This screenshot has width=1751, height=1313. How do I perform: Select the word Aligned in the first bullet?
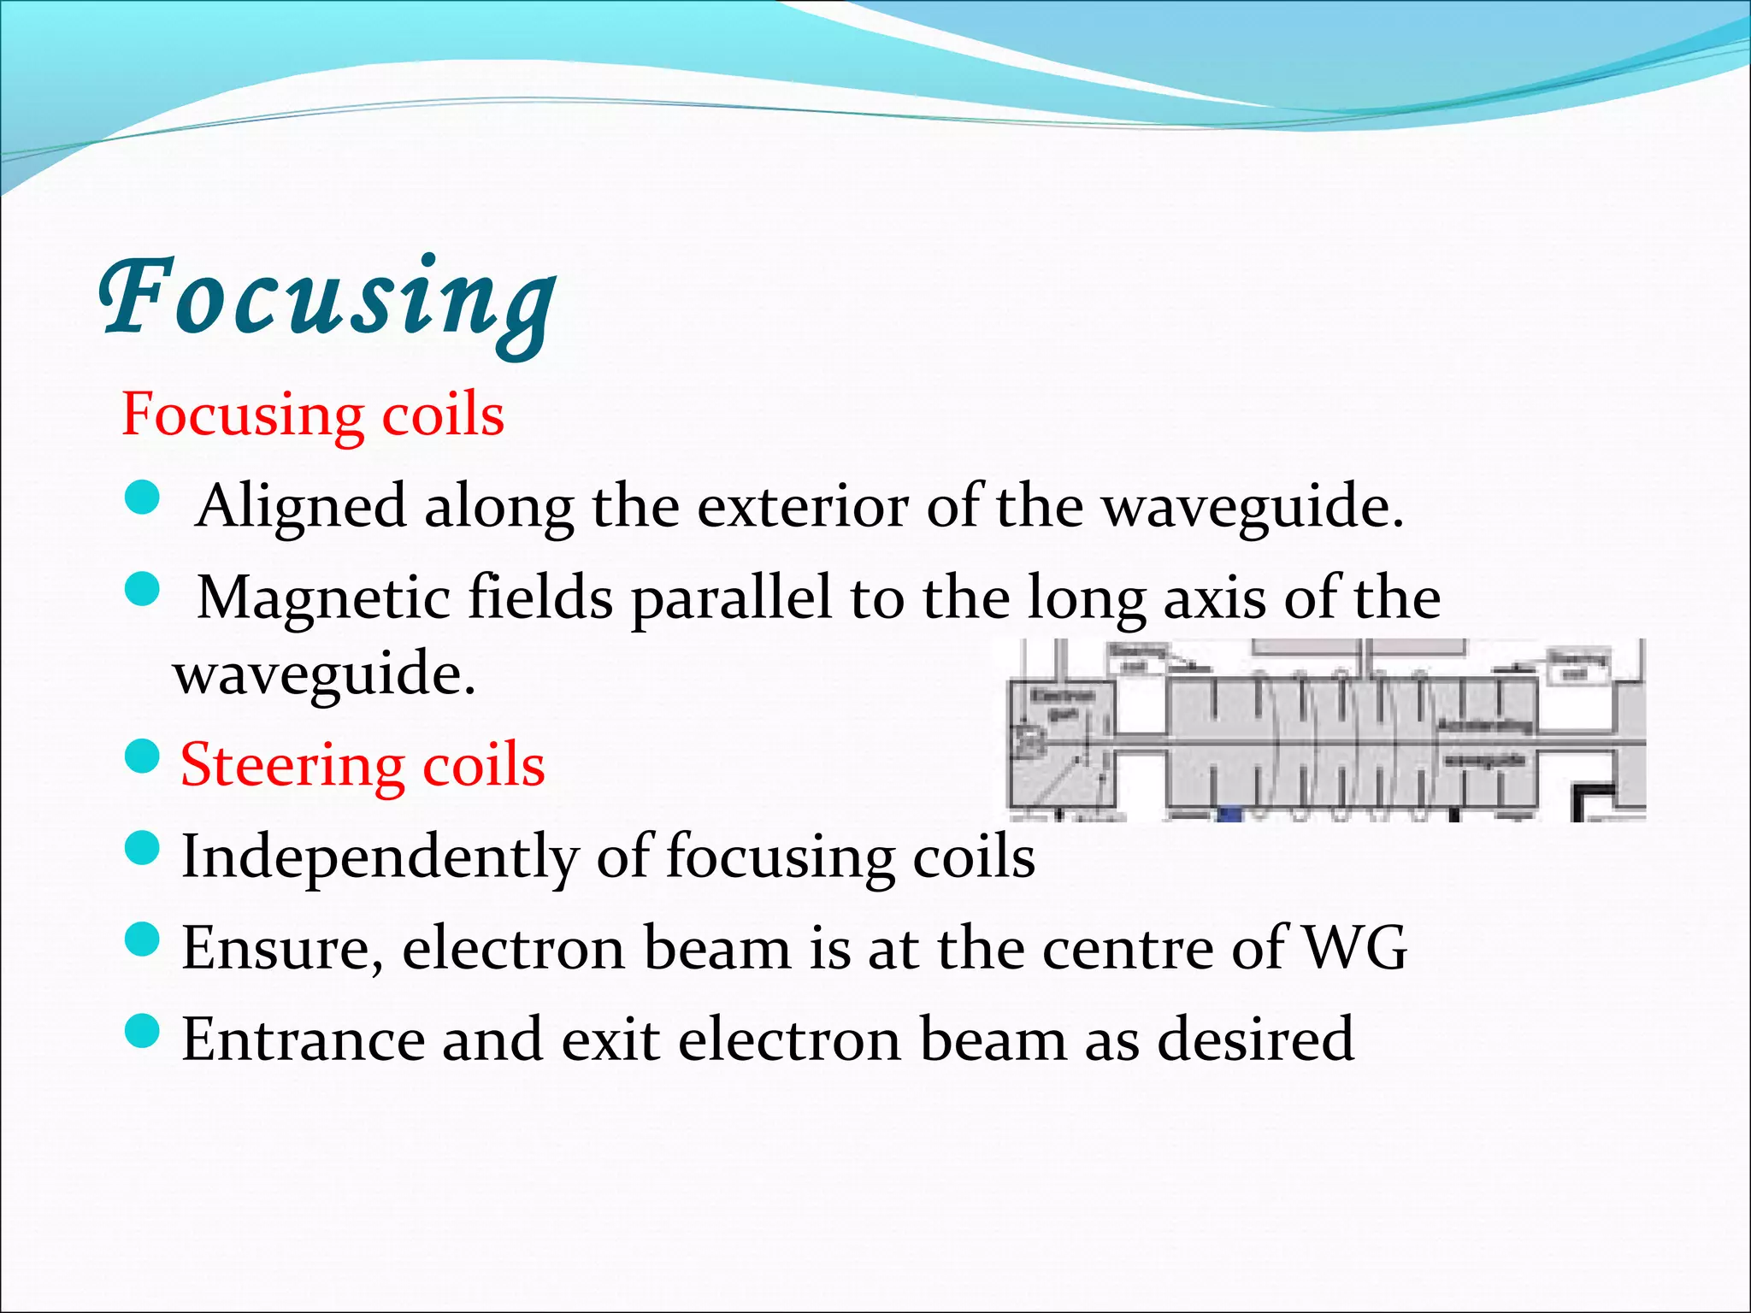coord(301,507)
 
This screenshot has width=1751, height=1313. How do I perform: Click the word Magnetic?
coord(323,598)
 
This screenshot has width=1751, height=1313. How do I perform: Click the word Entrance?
coord(304,1040)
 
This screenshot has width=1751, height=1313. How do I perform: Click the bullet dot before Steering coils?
coord(142,757)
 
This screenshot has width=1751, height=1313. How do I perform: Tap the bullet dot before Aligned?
coord(142,498)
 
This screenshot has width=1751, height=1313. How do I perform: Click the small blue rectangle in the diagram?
coord(1229,814)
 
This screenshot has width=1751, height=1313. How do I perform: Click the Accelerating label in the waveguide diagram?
coord(1483,726)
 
